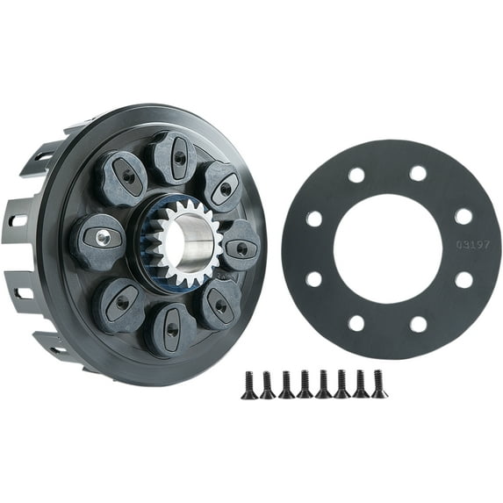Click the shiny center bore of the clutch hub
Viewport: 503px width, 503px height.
(x=194, y=239)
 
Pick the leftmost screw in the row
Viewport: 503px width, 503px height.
(x=249, y=384)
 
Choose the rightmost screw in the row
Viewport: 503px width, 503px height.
(x=379, y=383)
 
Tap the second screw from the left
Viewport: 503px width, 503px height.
(x=268, y=384)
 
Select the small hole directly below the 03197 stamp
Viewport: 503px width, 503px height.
(x=463, y=280)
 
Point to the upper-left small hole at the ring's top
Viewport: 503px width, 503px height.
(x=356, y=174)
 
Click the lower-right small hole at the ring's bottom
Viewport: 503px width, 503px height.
(x=419, y=324)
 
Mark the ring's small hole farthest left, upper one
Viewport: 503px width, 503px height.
(x=313, y=218)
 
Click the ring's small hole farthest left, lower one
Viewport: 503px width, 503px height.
(x=313, y=280)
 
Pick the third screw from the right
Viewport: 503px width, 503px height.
(x=342, y=384)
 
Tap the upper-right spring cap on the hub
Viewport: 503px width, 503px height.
(x=220, y=186)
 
